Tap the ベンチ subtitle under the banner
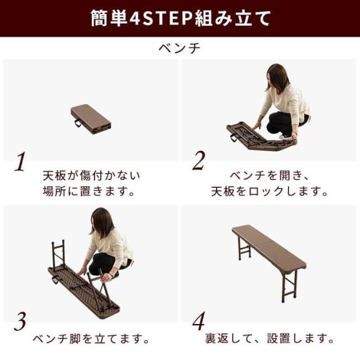180,48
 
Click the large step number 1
20,161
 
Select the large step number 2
199,161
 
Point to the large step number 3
20,321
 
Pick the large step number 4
199,321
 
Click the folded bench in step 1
91,119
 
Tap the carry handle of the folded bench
78,123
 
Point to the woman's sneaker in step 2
285,137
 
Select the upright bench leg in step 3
58,254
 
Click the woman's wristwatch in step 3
111,274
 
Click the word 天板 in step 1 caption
55,176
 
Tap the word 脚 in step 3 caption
75,339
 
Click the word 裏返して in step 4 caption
228,339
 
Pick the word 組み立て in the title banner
233,18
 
